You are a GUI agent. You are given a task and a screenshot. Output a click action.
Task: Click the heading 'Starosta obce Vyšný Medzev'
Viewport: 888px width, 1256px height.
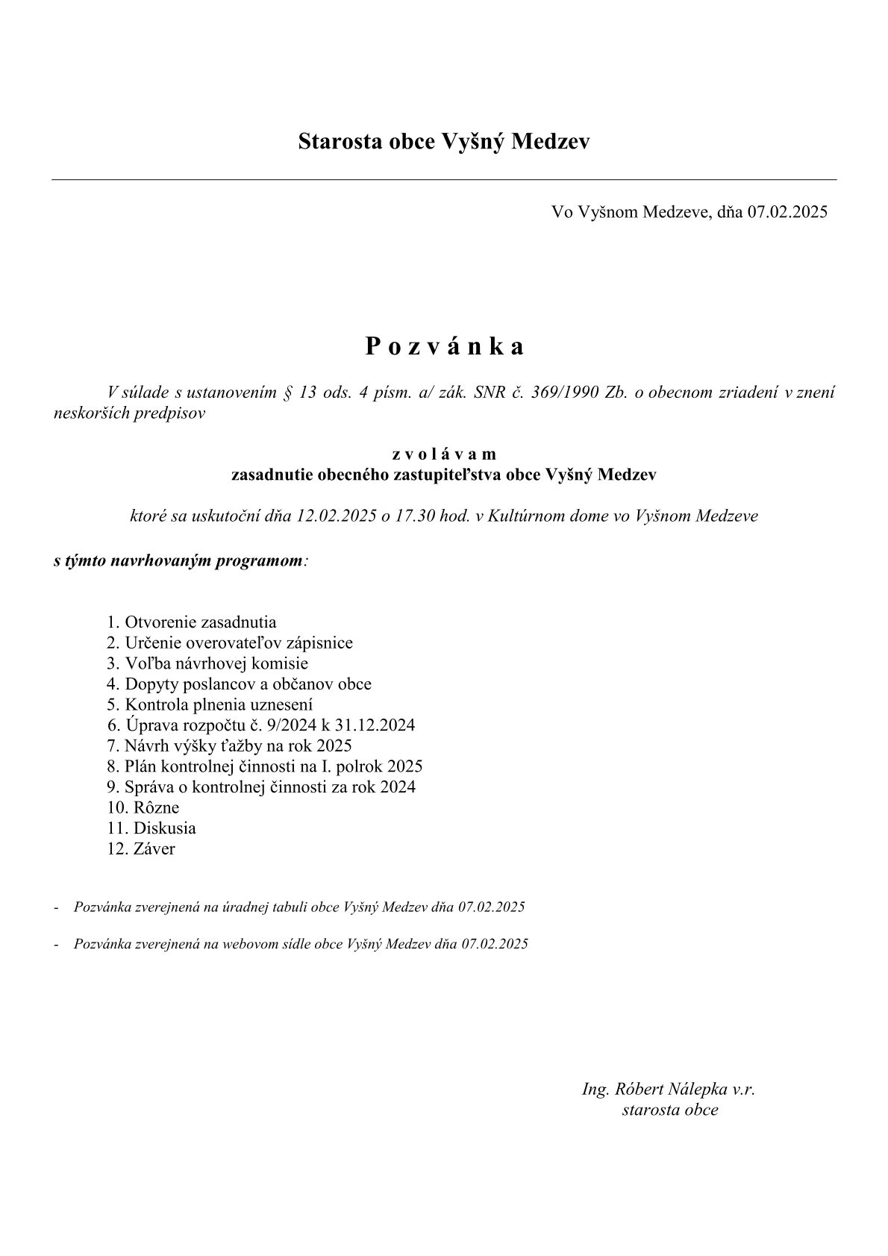443,141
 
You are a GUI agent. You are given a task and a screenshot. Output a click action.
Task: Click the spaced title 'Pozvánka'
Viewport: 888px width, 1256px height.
444,346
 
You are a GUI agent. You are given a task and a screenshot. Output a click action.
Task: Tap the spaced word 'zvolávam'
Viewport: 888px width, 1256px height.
444,454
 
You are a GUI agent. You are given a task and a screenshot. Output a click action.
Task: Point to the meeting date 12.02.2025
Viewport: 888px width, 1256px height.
337,516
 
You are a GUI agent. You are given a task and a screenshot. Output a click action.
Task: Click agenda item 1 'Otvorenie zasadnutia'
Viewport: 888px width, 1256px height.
192,622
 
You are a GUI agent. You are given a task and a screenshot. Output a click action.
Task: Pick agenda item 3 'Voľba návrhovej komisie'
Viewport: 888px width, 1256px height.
207,663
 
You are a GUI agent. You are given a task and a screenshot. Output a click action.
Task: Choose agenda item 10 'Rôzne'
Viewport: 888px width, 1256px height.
143,807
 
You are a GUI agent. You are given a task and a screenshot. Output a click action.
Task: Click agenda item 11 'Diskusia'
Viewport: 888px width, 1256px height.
151,828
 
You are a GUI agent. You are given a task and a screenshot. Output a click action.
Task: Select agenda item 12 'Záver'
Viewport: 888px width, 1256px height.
142,849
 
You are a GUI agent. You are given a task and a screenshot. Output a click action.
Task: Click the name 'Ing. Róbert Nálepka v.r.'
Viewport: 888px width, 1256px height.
669,1089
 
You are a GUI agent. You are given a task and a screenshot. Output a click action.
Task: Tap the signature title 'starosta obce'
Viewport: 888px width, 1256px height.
669,1110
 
